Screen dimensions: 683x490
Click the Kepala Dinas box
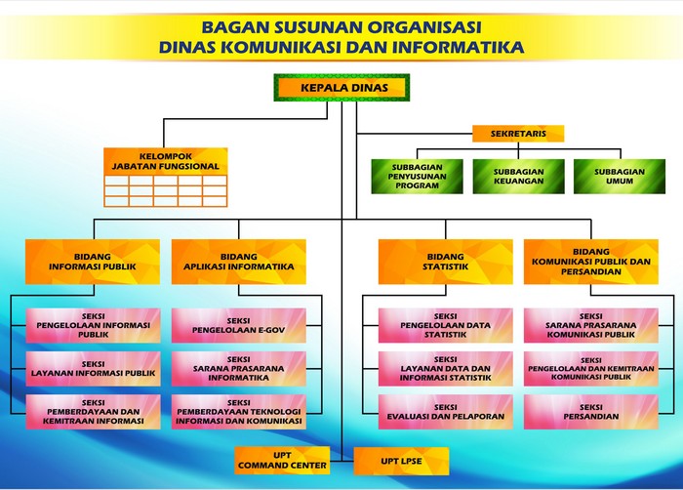click(x=341, y=88)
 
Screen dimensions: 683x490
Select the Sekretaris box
click(x=518, y=134)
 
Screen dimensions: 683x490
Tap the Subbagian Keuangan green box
click(x=519, y=177)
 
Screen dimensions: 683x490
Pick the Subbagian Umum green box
click(x=620, y=177)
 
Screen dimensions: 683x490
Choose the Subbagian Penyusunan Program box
click(x=417, y=177)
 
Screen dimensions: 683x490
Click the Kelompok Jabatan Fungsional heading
click(x=166, y=161)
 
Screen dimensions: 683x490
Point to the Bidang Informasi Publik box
click(x=93, y=262)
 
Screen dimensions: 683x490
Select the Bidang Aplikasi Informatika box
click(x=239, y=262)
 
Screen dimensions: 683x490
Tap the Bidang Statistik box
click(x=445, y=262)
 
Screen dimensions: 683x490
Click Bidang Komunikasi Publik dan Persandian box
click(x=591, y=262)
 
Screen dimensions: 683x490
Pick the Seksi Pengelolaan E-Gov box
click(x=239, y=326)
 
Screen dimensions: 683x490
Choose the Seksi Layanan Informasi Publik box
click(x=94, y=369)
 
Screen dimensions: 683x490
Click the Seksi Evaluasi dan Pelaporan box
click(x=445, y=412)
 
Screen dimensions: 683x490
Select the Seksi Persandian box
click(x=591, y=412)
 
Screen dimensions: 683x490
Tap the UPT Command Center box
click(x=282, y=461)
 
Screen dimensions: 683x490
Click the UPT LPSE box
click(x=401, y=462)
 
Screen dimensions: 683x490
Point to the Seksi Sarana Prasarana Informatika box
click(x=239, y=369)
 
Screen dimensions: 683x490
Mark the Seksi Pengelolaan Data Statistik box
click(x=445, y=326)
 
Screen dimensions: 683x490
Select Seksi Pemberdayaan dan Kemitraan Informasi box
click(x=94, y=412)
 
